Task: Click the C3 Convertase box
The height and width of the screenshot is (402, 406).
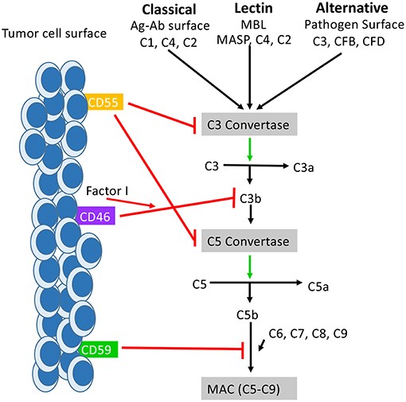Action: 251,124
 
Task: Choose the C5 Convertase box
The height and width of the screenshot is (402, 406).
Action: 251,238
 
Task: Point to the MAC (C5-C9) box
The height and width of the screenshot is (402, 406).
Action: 251,388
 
